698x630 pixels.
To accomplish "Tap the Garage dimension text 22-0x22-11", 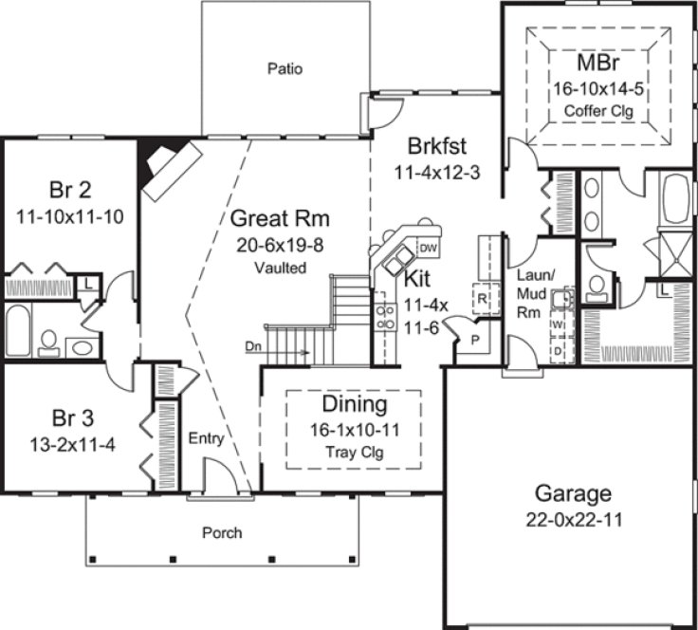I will [572, 520].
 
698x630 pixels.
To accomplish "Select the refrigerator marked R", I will [482, 297].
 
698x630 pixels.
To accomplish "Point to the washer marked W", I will [558, 324].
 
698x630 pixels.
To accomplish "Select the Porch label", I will [221, 532].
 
